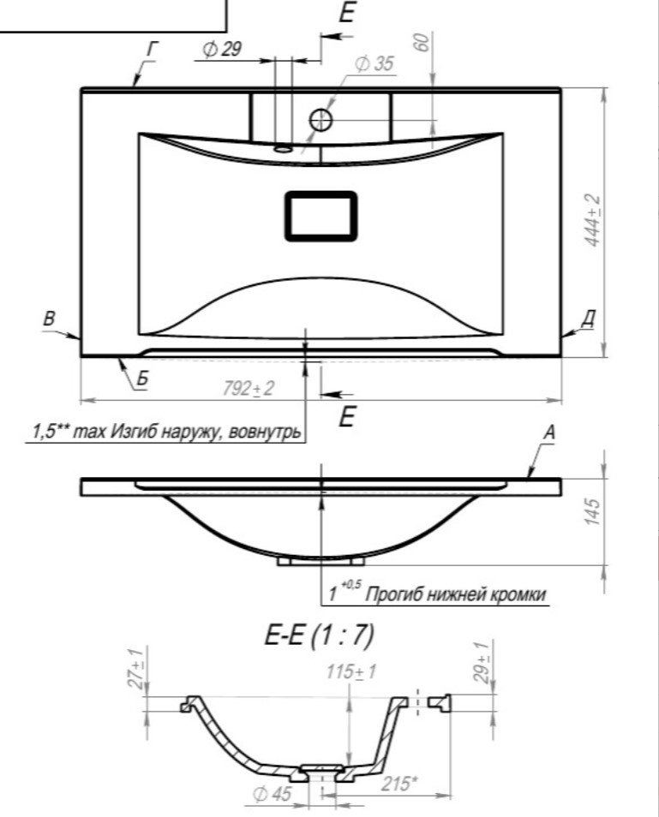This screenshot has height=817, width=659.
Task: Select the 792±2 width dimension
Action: (x=249, y=388)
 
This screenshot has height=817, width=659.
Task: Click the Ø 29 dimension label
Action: (x=222, y=50)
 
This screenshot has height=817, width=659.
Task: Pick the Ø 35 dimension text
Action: (x=374, y=63)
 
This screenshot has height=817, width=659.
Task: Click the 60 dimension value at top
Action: (x=423, y=42)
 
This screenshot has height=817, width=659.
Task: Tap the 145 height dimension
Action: (x=593, y=511)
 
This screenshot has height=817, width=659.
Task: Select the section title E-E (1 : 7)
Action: (x=319, y=635)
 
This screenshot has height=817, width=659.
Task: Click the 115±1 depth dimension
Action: (x=351, y=671)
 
